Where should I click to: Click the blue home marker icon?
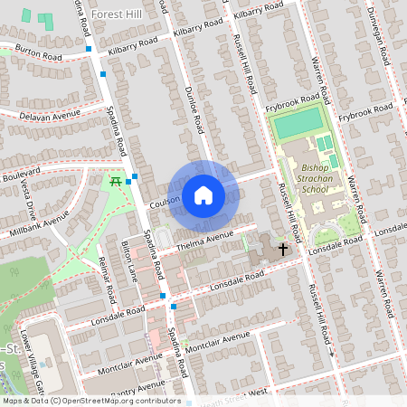tap(203, 195)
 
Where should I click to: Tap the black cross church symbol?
tap(283, 248)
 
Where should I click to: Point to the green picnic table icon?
tap(117, 181)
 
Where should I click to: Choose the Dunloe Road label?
tap(193, 112)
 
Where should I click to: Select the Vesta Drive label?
tap(25, 201)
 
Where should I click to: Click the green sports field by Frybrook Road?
tap(298, 121)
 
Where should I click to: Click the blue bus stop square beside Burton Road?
tap(89, 49)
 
